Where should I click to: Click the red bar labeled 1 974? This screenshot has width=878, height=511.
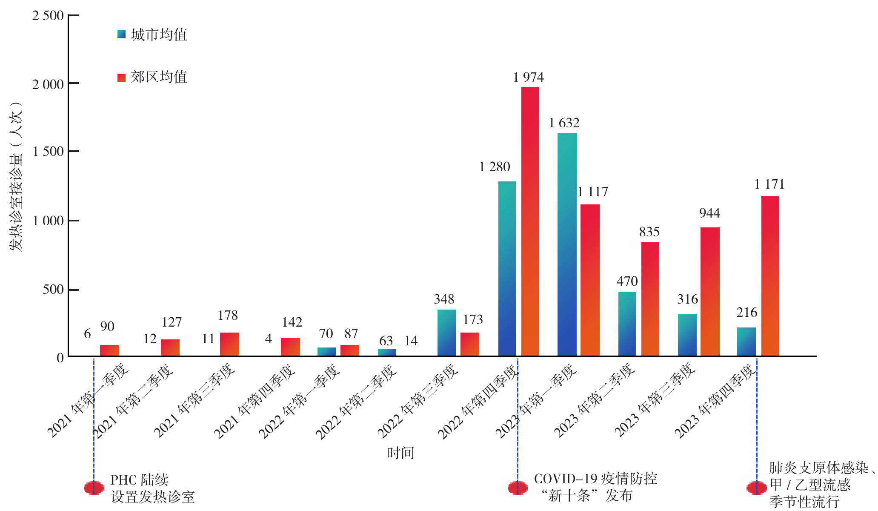pyautogui.click(x=530, y=221)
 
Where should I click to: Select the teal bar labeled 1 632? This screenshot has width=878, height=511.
pyautogui.click(x=567, y=244)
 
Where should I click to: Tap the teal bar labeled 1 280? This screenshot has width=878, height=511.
pyautogui.click(x=507, y=269)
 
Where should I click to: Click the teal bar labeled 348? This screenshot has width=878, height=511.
pyautogui.click(x=446, y=333)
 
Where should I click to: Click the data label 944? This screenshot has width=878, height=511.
pyautogui.click(x=709, y=213)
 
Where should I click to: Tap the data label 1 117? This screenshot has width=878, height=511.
pyautogui.click(x=592, y=192)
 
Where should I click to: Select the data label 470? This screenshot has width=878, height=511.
pyautogui.click(x=627, y=281)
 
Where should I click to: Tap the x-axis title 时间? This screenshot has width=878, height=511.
pyautogui.click(x=400, y=453)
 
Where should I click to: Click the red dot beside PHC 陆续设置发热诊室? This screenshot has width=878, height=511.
pyautogui.click(x=94, y=488)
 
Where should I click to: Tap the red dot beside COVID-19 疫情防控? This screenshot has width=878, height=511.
pyautogui.click(x=518, y=488)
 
